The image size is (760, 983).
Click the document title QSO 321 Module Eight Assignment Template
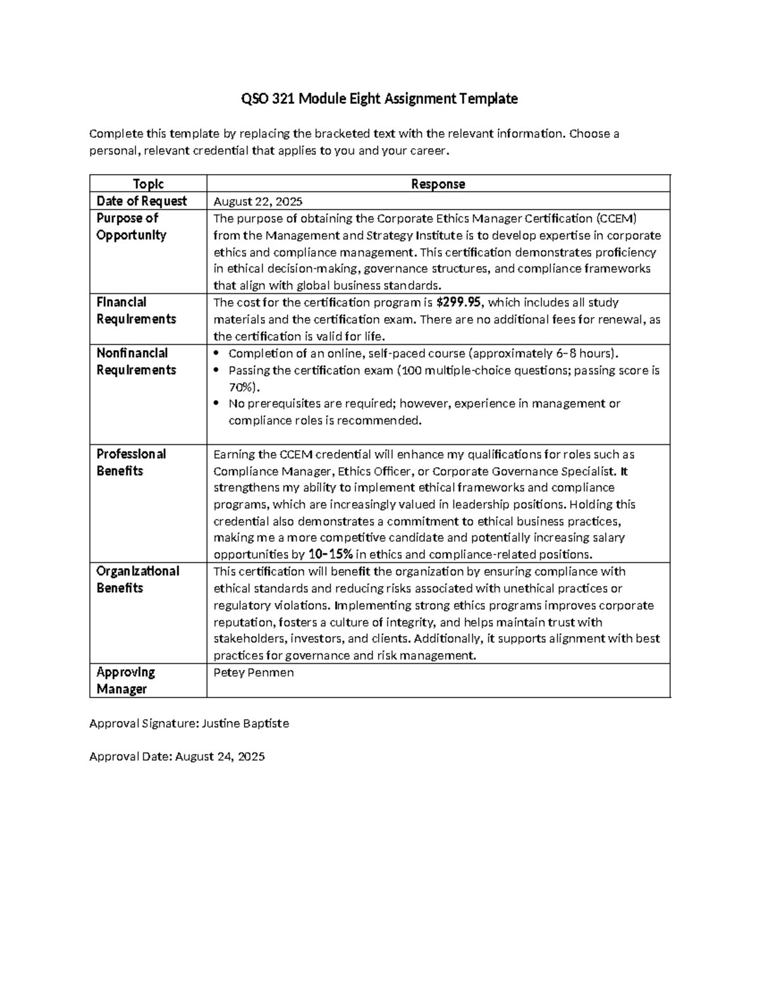pos(379,99)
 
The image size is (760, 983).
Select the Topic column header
pos(148,184)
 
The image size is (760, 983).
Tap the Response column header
pos(438,184)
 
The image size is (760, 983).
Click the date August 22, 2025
pos(258,201)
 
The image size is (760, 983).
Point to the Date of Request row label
pos(141,201)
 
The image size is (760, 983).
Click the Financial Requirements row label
pos(136,310)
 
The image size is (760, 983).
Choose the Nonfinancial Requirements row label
pos(136,361)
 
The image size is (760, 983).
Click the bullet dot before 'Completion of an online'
pos(218,353)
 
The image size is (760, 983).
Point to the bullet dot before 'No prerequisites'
pos(218,404)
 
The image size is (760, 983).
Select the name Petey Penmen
pos(253,672)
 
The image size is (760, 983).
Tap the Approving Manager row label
pos(125,680)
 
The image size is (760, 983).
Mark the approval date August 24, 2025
pos(220,756)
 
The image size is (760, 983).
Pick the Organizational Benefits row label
pos(137,579)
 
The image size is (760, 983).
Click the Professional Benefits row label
pos(130,462)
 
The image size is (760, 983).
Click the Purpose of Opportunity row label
pos(130,226)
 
